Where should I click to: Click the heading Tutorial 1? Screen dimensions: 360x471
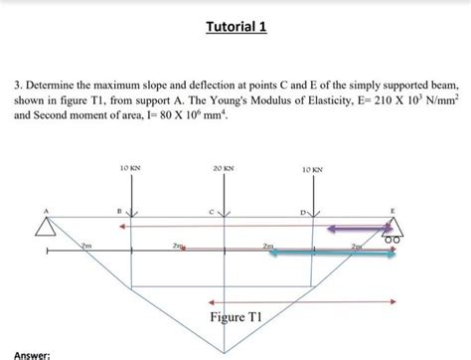pyautogui.click(x=235, y=27)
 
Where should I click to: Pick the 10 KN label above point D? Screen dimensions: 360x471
pyautogui.click(x=313, y=170)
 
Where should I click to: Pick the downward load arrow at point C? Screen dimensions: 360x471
pyautogui.click(x=226, y=204)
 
